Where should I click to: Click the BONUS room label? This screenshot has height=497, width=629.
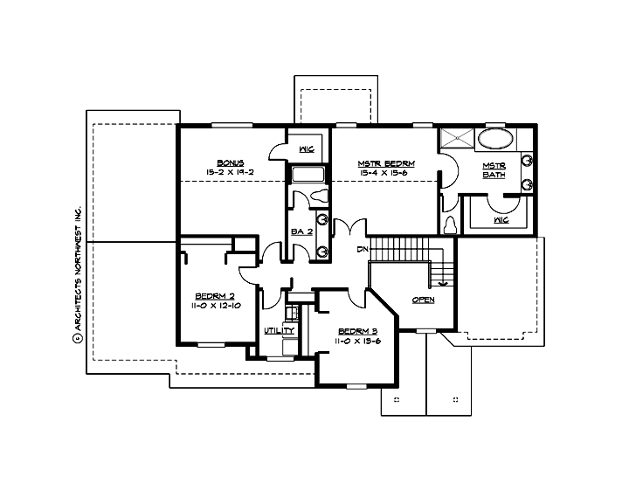[231, 162]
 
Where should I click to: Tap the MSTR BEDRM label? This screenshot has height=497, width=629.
[384, 163]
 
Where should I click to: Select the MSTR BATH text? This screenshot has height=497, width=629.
[494, 169]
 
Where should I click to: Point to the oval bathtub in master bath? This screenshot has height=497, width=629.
[496, 138]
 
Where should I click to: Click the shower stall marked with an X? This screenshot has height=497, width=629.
[454, 138]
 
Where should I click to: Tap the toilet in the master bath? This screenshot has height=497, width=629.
[450, 224]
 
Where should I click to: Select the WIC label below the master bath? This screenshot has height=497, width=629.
[501, 220]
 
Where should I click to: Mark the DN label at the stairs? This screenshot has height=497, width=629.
[362, 251]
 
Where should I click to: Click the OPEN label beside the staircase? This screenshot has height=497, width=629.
[423, 300]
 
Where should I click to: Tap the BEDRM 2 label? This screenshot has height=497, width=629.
[210, 297]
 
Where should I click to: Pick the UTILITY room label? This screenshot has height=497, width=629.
[279, 331]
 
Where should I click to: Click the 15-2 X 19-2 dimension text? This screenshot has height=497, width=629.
[231, 173]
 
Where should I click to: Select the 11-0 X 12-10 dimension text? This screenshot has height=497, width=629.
[210, 307]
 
